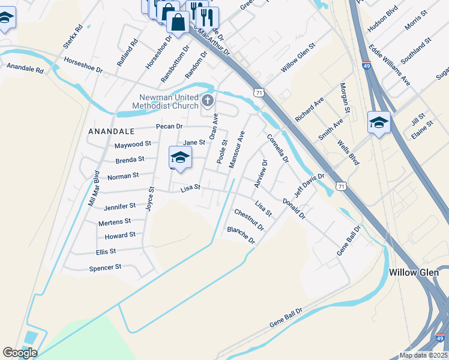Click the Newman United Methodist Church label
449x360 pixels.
coord(160,102)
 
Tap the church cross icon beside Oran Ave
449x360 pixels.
coord(208,100)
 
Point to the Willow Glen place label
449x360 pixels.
coord(414,272)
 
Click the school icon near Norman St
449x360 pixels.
coord(179,157)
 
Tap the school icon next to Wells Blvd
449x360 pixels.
coord(379,123)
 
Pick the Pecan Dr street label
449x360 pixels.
coord(169,127)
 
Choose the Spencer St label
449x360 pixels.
coord(105,267)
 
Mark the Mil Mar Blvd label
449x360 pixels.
coord(94,188)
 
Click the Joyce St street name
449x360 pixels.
coord(150,198)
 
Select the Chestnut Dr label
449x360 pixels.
coord(249,220)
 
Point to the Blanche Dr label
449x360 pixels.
coord(241,235)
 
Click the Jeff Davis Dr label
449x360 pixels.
coord(309,187)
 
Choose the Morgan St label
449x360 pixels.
coord(345,98)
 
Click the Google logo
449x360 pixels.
coord(20,353)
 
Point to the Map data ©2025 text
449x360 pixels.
coord(423,355)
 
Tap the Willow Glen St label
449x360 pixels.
coord(298,58)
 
